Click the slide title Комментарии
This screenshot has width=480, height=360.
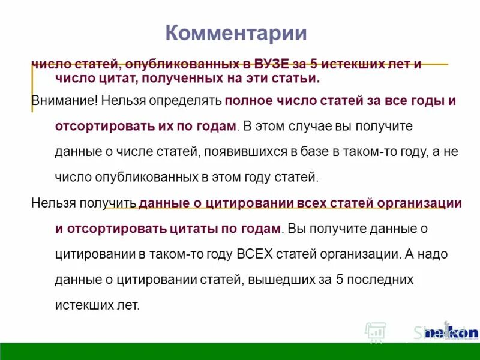click(236, 32)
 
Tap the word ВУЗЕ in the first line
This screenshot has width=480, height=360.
click(271, 64)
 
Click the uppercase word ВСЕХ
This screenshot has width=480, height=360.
click(255, 253)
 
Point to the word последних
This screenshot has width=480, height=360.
click(385, 279)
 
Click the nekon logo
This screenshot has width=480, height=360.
click(451, 332)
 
